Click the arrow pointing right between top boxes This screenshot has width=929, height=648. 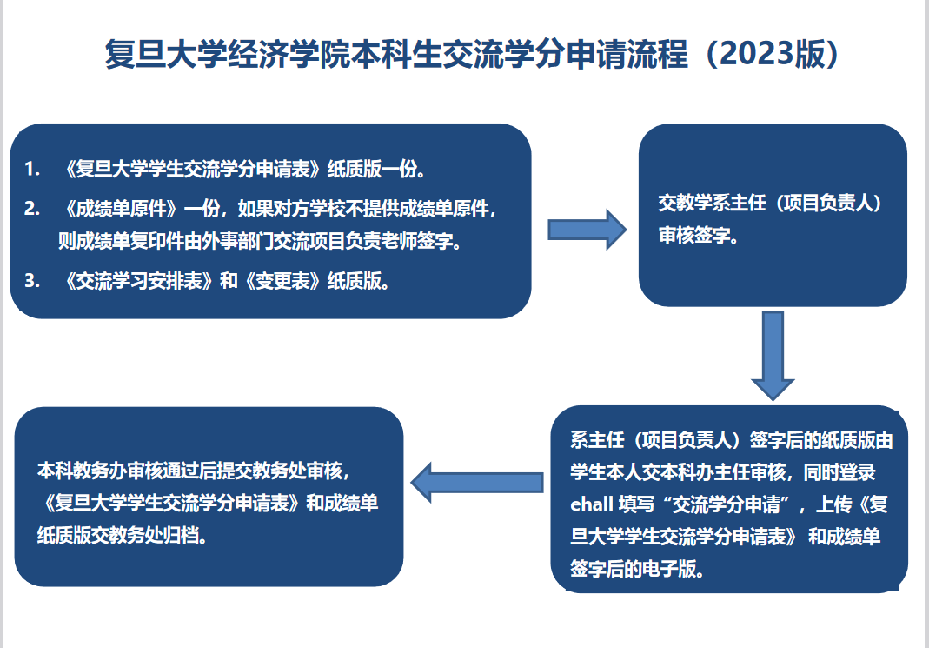click(x=587, y=230)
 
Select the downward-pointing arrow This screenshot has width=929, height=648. click(x=773, y=356)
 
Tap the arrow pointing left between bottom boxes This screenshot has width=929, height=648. click(x=477, y=483)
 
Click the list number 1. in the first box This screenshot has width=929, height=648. click(x=32, y=170)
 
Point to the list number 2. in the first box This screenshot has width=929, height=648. click(x=32, y=209)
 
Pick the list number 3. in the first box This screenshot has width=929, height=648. click(x=32, y=280)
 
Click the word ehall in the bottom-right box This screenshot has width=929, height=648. click(x=591, y=504)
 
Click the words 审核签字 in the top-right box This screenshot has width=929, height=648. click(x=693, y=236)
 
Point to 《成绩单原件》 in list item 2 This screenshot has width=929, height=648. click(x=121, y=209)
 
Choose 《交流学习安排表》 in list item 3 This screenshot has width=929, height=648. click(x=139, y=280)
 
